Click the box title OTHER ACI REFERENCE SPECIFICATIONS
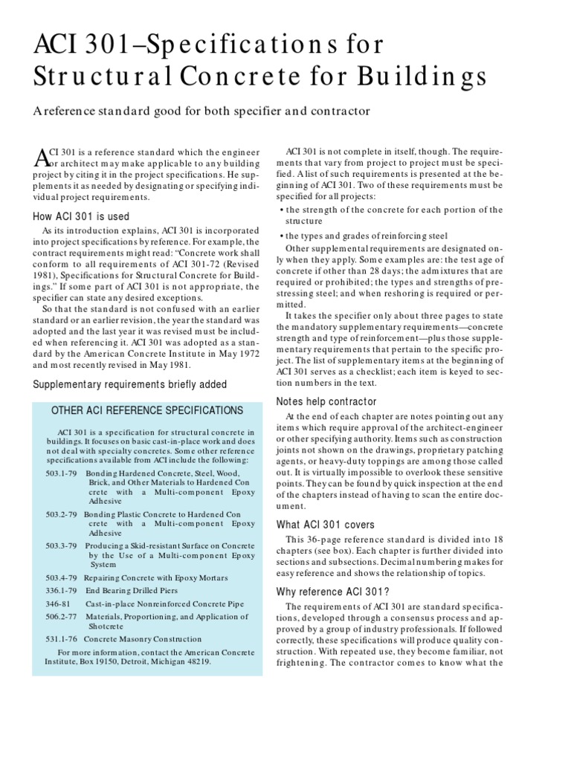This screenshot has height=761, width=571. pos(146,410)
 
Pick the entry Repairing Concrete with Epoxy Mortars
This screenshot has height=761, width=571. pos(156,577)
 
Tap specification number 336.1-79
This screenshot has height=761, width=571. pos(62,592)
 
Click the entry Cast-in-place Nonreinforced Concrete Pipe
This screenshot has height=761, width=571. pos(170,607)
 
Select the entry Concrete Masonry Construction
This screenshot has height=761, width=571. pos(142,638)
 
